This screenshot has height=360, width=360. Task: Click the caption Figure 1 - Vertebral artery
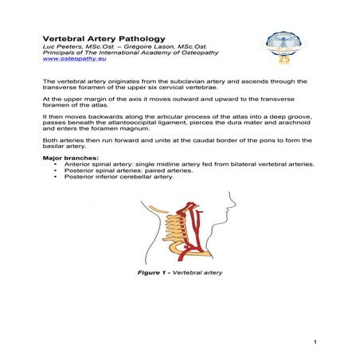click(x=179, y=273)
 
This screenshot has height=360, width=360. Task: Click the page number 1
click(x=315, y=342)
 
